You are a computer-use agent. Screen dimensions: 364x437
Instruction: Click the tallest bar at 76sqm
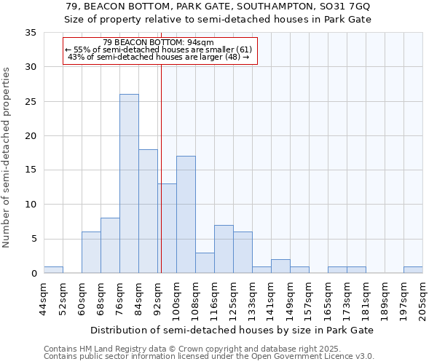(x=129, y=183)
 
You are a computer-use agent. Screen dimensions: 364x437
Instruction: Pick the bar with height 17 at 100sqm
(x=186, y=215)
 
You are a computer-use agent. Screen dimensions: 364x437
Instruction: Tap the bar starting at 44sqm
(x=53, y=270)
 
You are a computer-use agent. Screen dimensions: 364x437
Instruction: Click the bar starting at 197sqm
(x=413, y=270)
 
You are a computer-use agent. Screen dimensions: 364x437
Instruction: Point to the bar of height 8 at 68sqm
(x=110, y=245)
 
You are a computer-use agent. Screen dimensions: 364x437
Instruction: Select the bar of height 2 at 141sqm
(x=280, y=266)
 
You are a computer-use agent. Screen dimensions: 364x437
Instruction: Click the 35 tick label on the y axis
(x=30, y=33)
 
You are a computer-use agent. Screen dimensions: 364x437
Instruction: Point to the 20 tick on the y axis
(x=30, y=136)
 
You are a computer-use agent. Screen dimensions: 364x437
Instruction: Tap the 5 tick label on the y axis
(x=33, y=239)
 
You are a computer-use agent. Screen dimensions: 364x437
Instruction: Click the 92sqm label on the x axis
(x=157, y=298)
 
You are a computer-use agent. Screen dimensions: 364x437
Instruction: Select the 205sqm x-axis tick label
(x=423, y=301)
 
